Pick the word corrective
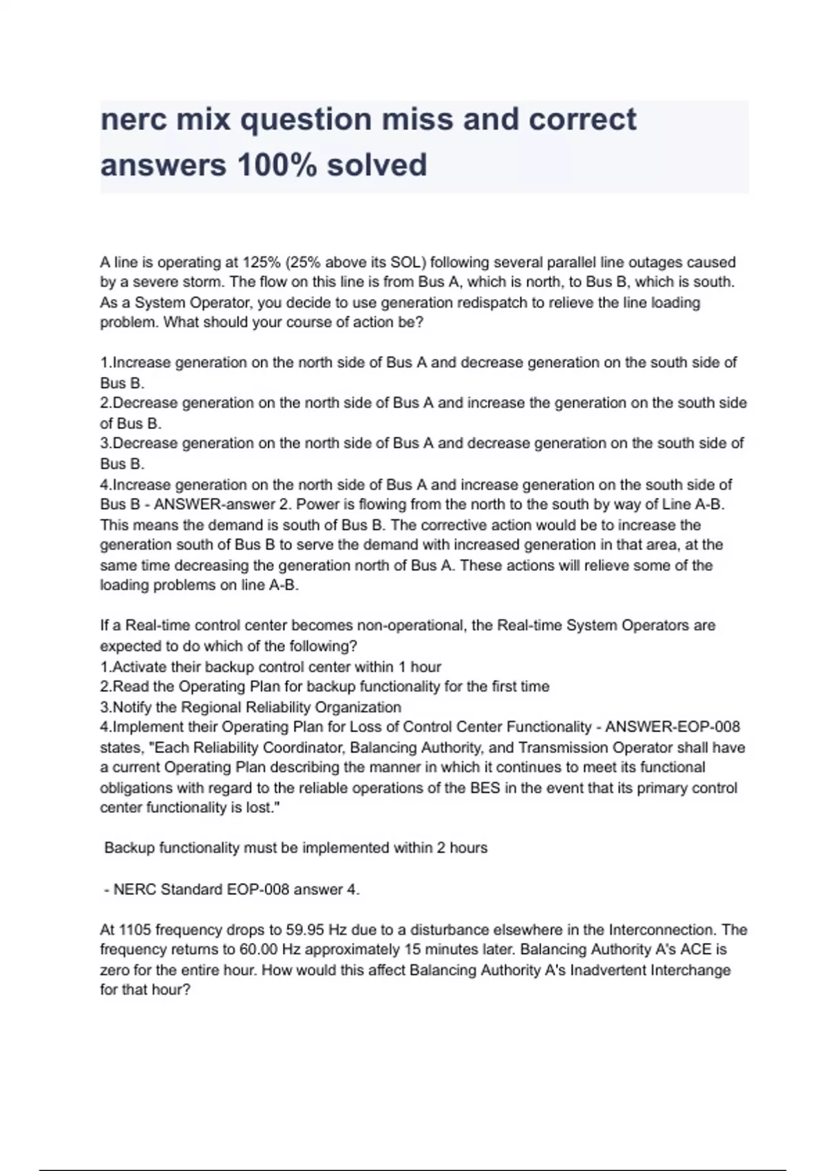pyautogui.click(x=454, y=525)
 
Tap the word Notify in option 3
pyautogui.click(x=133, y=707)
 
